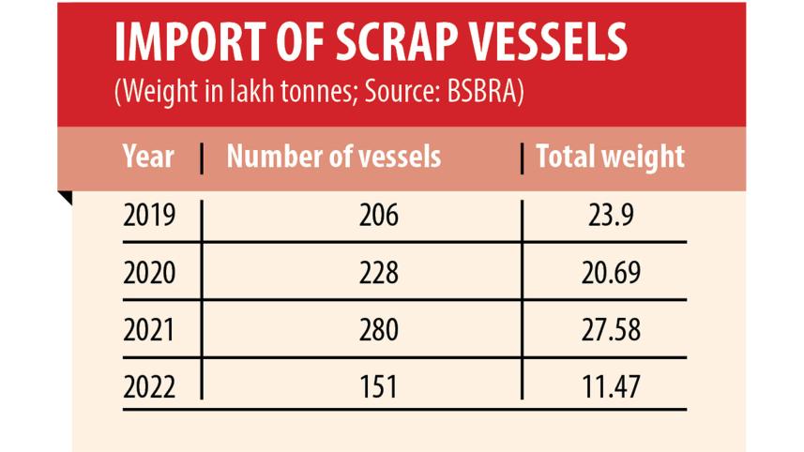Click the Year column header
pos(148,156)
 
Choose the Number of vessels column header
pos(333,156)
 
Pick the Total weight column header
pos(610,156)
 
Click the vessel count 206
pos(378,217)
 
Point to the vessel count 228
pos(378,273)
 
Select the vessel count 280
pos(378,330)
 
